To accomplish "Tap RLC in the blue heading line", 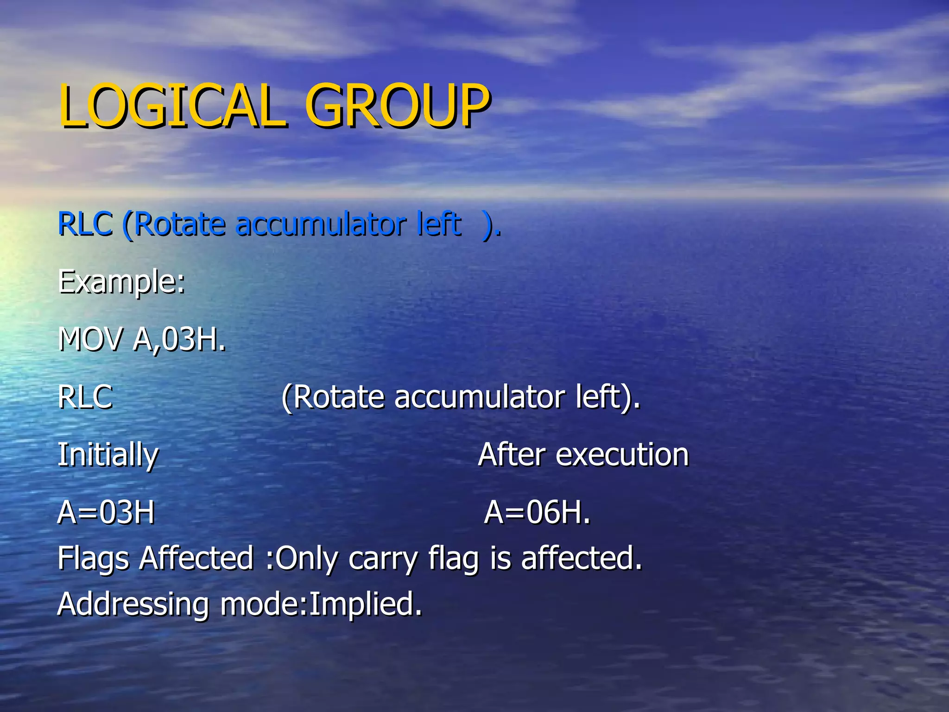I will coord(85,224).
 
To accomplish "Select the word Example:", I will coord(121,282).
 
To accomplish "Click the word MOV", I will coord(91,339).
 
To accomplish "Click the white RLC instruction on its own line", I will coord(85,397).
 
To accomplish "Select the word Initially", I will coord(108,455).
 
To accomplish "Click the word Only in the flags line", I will coord(306,559).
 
